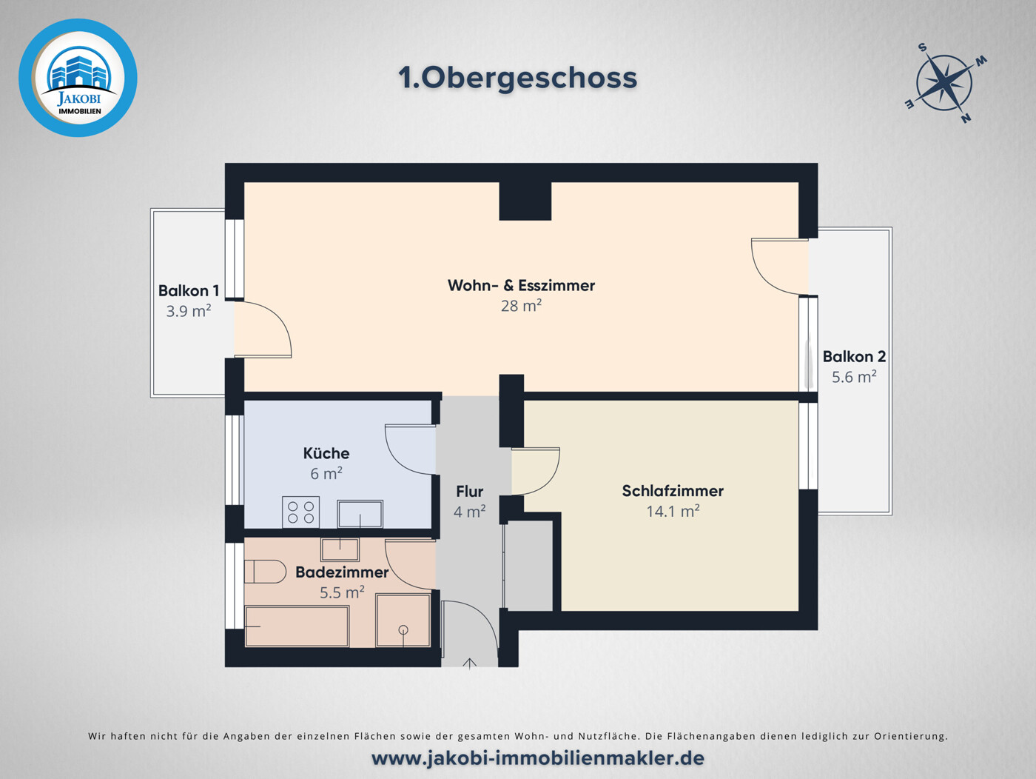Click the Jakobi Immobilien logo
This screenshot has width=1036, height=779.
tap(78, 78)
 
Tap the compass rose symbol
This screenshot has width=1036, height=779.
tap(945, 82)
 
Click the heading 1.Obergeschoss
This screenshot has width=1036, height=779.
tap(517, 78)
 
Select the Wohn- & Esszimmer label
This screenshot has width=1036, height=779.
tap(521, 285)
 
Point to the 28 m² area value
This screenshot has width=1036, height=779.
tap(521, 305)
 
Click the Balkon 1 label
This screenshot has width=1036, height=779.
tap(188, 290)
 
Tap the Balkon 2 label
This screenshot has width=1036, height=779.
tap(854, 356)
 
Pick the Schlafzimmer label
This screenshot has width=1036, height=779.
tap(673, 490)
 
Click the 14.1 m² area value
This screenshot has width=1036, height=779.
tap(673, 511)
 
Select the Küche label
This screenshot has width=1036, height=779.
tap(326, 452)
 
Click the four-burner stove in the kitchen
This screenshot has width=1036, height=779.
tap(300, 512)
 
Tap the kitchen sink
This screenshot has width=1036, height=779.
tap(360, 513)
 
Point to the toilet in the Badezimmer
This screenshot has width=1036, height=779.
tap(265, 572)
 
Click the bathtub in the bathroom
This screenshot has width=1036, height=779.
tap(297, 626)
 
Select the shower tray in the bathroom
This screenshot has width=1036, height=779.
tap(403, 620)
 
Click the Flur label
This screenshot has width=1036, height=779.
tap(469, 491)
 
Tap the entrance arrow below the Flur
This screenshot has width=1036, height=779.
tap(469, 663)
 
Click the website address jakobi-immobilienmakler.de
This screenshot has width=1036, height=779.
tap(537, 758)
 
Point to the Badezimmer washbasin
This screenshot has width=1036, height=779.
tap(340, 549)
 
